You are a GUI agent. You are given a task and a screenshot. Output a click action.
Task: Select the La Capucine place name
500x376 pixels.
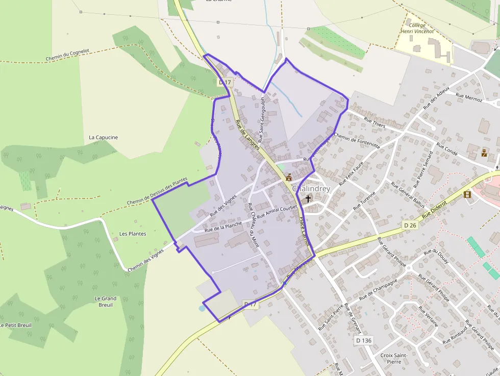pyautogui.click(x=103, y=137)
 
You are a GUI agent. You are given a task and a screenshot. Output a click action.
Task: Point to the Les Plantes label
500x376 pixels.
pyautogui.click(x=133, y=234)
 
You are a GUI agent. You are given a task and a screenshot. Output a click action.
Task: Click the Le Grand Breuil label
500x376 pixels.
pyautogui.click(x=106, y=302)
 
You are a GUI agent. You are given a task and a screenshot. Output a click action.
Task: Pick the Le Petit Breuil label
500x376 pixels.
pyautogui.click(x=16, y=325)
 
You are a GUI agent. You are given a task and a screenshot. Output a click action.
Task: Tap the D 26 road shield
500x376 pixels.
pyautogui.click(x=410, y=225)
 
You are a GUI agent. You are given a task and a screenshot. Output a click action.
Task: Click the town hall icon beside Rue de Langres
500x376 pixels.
pyautogui.click(x=289, y=178)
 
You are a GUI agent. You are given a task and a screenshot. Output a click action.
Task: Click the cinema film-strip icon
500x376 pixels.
pyautogui.click(x=467, y=194)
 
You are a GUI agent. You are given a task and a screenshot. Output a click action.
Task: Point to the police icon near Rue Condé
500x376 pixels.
pyautogui.click(x=484, y=153)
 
